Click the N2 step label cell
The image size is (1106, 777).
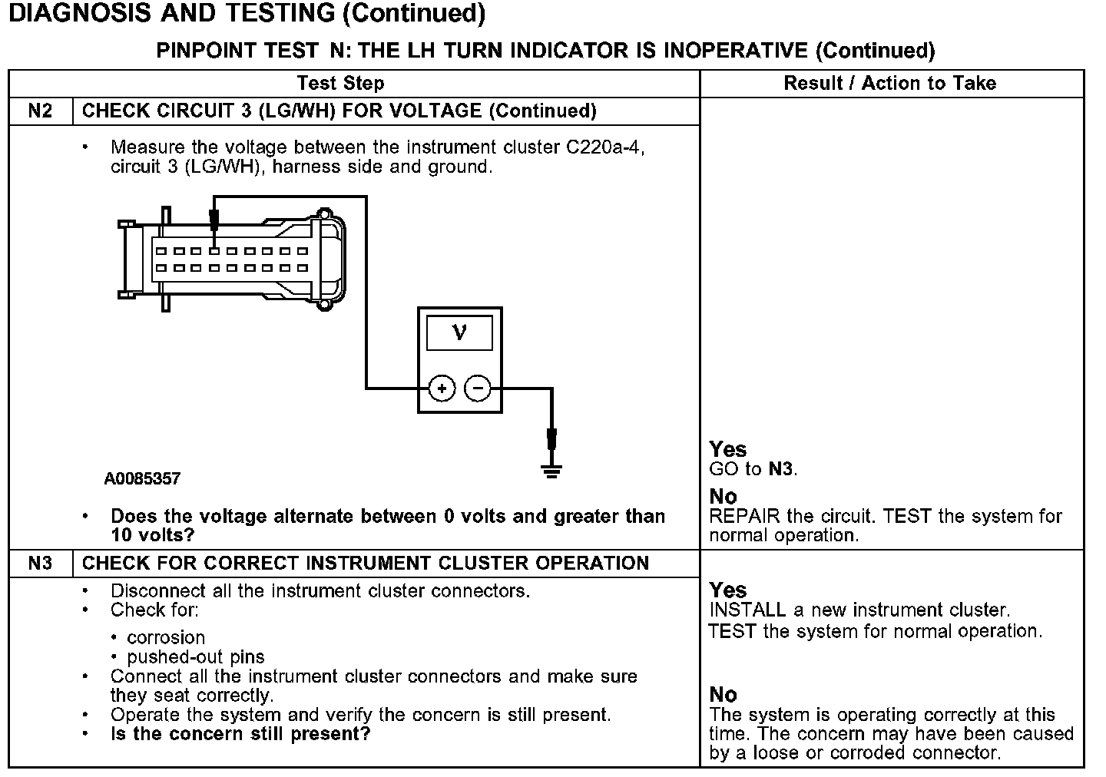[x=40, y=111]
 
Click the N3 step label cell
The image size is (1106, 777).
[x=40, y=564]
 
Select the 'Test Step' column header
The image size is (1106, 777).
[x=340, y=83]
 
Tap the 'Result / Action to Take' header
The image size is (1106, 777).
[x=889, y=83]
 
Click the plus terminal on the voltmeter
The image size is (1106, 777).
[x=442, y=389]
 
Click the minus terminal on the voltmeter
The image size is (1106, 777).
[x=478, y=389]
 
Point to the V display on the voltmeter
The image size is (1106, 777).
[x=459, y=333]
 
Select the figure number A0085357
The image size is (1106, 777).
[x=143, y=479]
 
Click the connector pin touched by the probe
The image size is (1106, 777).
[x=215, y=251]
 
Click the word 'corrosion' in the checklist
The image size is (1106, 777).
[x=166, y=638]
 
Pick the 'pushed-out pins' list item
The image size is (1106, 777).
[x=195, y=657]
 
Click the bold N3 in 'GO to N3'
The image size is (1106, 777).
[x=781, y=469]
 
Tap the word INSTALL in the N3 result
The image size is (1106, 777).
[x=747, y=610]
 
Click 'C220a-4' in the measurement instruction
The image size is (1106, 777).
[x=604, y=147]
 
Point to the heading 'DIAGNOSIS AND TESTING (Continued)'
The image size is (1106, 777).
[x=247, y=14]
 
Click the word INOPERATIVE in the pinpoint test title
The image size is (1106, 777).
[x=735, y=51]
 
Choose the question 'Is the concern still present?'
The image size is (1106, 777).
[x=240, y=734]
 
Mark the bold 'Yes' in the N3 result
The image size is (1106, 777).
[x=727, y=590]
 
